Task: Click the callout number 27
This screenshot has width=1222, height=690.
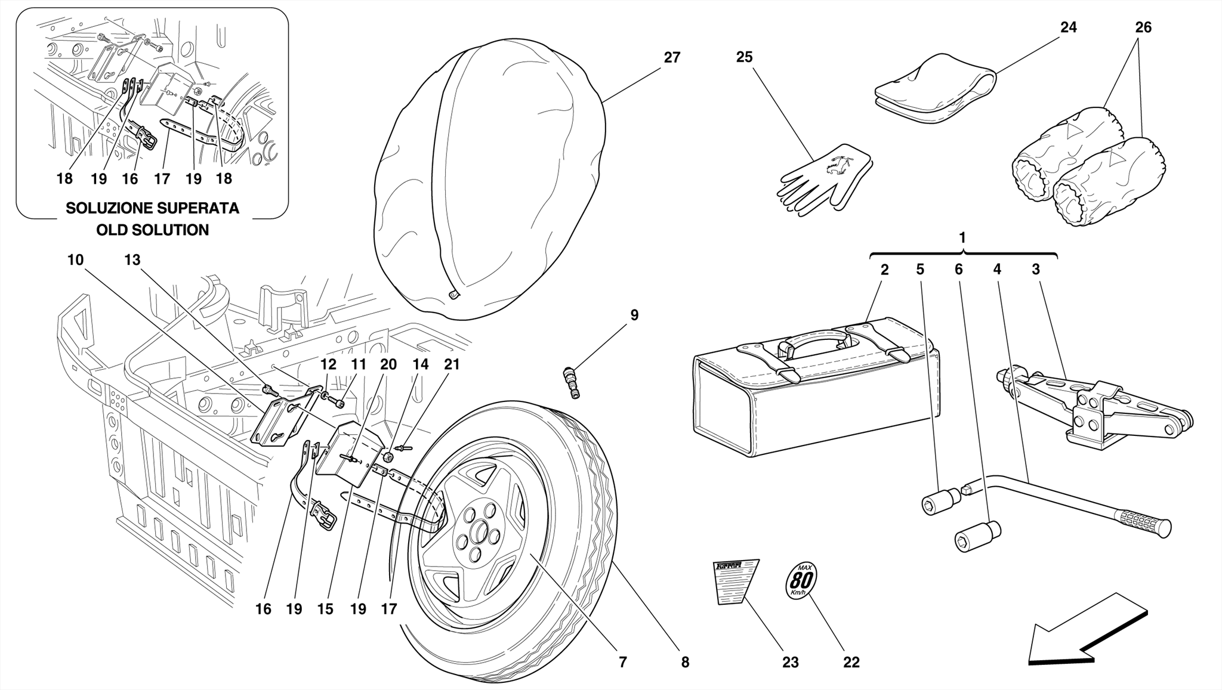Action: pos(672,58)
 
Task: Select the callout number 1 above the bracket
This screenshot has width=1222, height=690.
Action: pos(962,238)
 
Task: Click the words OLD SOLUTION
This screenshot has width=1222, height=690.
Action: pos(153,230)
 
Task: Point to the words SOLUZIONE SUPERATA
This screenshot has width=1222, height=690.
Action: pos(153,208)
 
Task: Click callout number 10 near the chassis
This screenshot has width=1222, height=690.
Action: pos(75,260)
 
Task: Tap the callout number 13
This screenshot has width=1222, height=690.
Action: pos(132,260)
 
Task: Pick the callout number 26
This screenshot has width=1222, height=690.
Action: pos(1143,27)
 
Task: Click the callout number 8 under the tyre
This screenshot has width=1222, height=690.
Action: pos(685,662)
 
